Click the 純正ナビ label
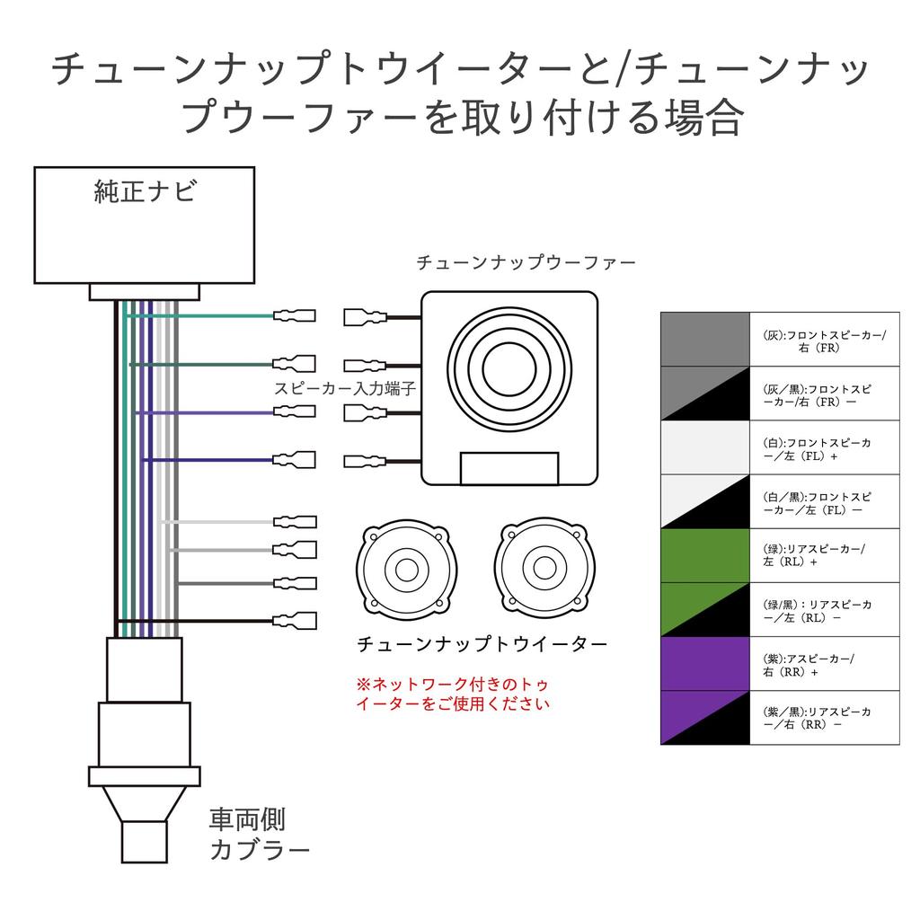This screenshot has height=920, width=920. (145, 191)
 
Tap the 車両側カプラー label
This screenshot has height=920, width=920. (259, 835)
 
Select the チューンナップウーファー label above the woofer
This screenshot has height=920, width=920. (526, 261)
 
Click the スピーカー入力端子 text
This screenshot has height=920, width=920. (345, 388)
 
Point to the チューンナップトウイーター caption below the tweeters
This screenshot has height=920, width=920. (482, 643)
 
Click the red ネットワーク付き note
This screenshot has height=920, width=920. (453, 694)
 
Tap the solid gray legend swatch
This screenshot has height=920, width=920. (705, 339)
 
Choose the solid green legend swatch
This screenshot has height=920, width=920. (705, 555)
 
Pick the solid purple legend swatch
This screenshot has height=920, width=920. (705, 663)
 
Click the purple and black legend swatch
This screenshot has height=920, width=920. (705, 718)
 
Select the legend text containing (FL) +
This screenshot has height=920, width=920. (817, 449)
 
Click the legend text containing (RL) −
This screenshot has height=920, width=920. (817, 611)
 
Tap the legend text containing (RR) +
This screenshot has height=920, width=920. (809, 665)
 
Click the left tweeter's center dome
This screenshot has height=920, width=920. (407, 569)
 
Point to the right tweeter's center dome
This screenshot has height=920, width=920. (544, 568)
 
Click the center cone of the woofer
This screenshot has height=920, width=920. (509, 369)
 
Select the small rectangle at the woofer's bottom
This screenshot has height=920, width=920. (509, 468)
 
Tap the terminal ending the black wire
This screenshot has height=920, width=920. (295, 620)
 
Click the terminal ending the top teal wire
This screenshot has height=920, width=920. (295, 315)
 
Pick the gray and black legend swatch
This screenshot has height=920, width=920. (705, 394)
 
